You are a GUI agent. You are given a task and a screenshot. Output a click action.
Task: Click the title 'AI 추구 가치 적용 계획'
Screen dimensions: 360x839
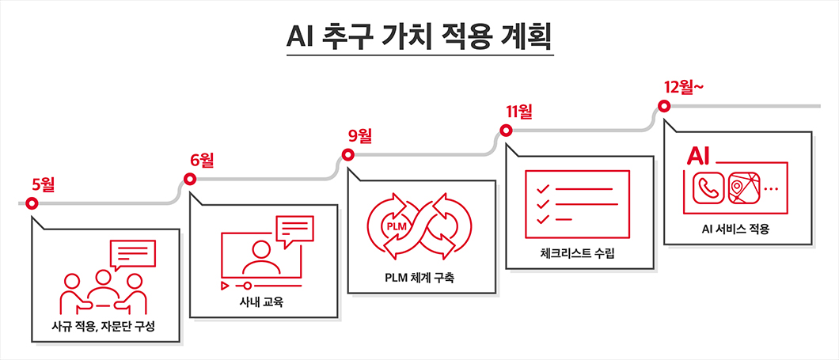pos(419,36)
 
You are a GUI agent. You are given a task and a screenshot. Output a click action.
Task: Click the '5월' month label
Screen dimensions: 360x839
pos(43,185)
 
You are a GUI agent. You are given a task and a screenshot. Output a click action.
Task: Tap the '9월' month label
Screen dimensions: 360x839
pos(360,135)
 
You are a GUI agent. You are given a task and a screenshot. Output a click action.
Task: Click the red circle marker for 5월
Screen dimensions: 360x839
pos(32,203)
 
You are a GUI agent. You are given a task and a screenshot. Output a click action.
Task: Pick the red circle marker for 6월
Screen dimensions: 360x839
pos(190,179)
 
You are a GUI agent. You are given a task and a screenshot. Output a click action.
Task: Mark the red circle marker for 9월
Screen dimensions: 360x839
pos(347,154)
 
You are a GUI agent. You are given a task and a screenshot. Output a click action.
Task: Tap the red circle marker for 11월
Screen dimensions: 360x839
pos(506,131)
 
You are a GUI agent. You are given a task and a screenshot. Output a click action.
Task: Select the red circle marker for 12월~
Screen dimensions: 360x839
pos(664,106)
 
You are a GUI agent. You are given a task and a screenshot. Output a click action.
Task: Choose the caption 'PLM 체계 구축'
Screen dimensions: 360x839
pos(421,279)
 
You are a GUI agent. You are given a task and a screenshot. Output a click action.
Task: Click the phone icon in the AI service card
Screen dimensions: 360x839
pos(707,188)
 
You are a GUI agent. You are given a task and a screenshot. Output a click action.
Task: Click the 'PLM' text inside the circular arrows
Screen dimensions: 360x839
pos(394,225)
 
